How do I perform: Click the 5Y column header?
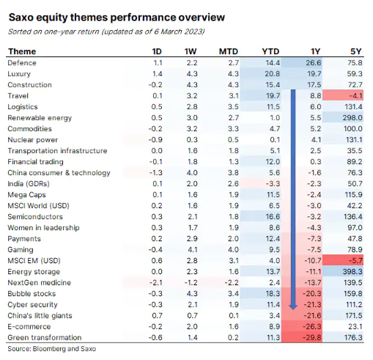[355, 51]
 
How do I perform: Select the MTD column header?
[229, 51]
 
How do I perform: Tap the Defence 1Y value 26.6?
[314, 63]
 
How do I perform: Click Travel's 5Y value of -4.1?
[355, 95]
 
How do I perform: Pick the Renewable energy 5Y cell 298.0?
[352, 117]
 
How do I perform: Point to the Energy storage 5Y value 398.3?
[352, 271]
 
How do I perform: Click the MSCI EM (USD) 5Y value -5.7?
[355, 260]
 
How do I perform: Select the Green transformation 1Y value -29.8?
[312, 337]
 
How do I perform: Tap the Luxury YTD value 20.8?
[272, 74]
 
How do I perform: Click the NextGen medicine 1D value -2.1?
[156, 282]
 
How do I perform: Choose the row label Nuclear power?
[33, 140]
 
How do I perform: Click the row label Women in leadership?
[43, 228]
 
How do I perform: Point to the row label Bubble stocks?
[32, 293]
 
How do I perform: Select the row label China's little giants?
[40, 315]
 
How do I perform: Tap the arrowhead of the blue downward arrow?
[293, 307]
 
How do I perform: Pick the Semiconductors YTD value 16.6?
[273, 217]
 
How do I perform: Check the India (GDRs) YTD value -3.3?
[273, 184]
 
